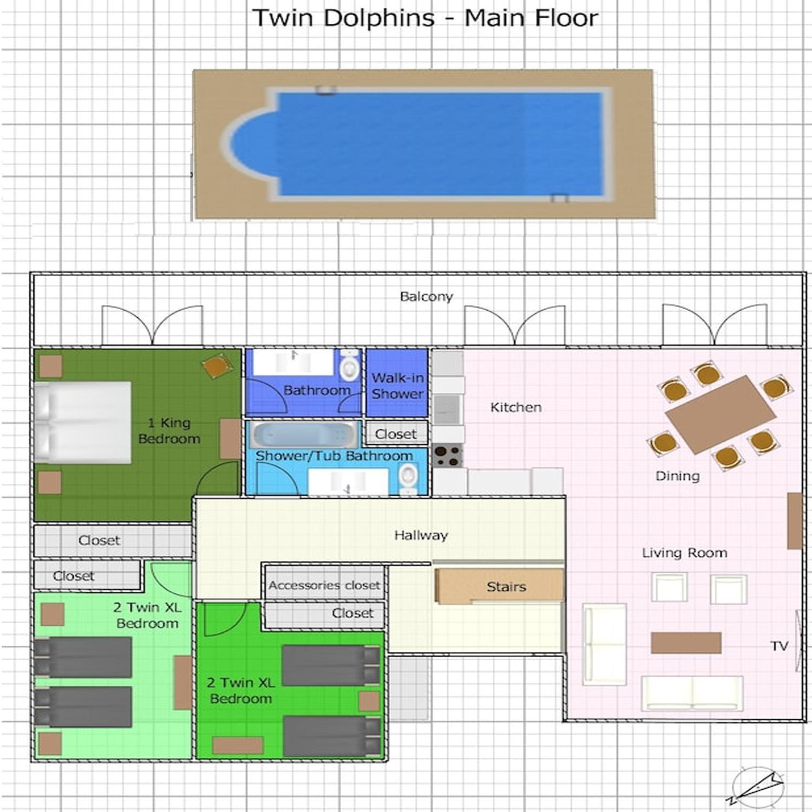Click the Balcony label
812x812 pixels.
(426, 297)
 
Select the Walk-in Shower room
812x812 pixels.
(397, 383)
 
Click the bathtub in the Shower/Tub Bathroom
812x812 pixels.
(304, 435)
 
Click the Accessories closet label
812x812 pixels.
(324, 585)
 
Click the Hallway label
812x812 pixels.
(421, 535)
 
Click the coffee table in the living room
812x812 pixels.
(686, 643)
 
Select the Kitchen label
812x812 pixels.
(516, 407)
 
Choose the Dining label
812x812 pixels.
(677, 476)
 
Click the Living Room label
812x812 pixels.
(684, 553)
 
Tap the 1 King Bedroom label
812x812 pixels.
(169, 431)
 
